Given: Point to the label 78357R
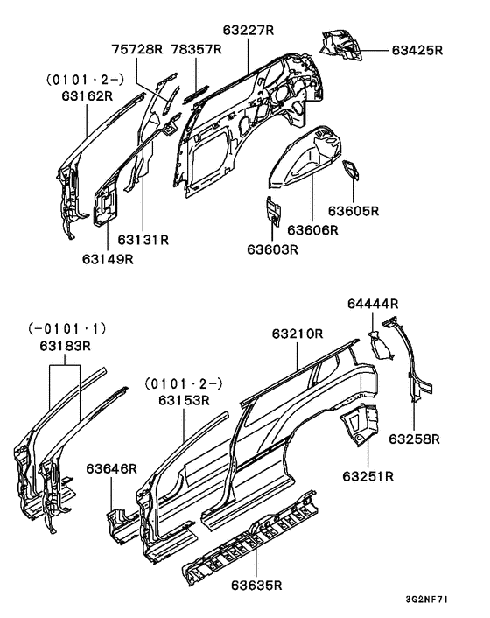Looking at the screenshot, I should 198,50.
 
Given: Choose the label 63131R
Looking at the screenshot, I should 143,238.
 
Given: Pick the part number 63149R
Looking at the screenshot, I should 108,258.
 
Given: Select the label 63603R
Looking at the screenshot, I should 272,249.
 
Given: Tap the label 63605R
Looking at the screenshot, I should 353,211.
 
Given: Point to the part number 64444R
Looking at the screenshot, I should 373,304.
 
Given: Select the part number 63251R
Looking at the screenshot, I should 367,476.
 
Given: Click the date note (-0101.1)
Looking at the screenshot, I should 66,329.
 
